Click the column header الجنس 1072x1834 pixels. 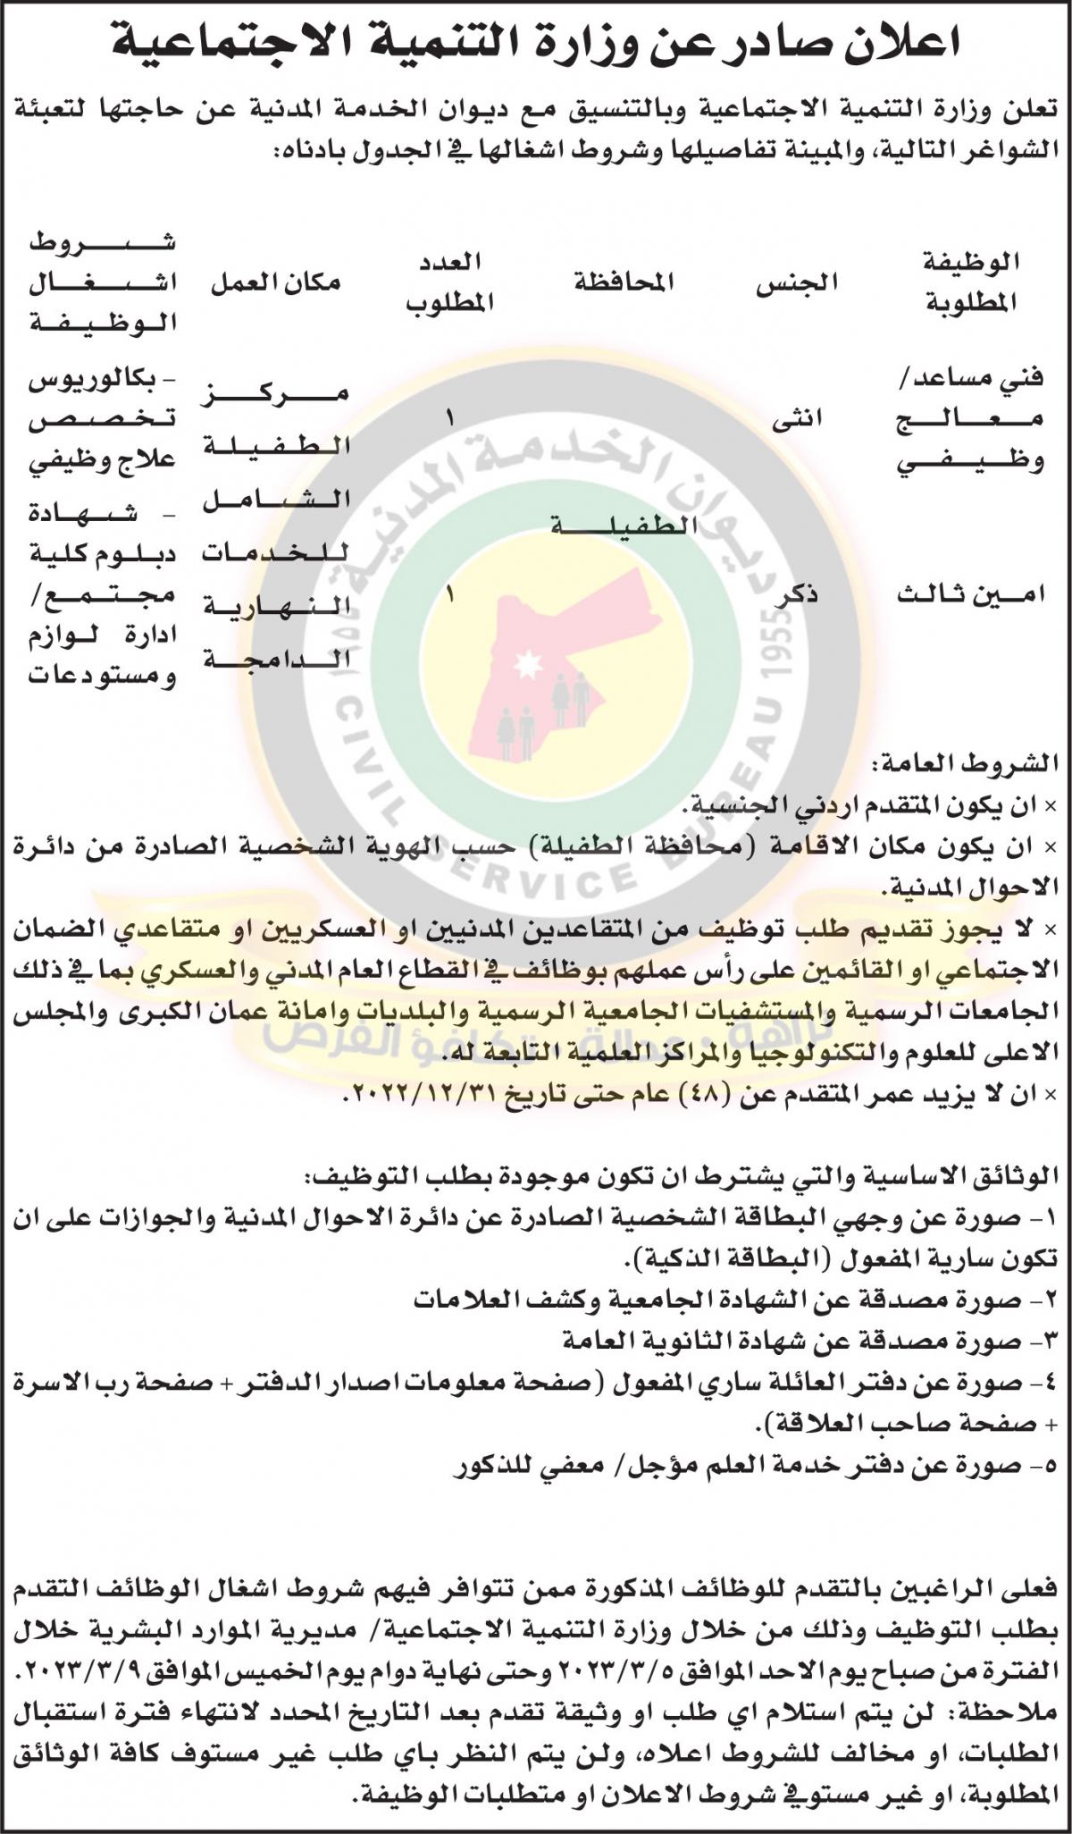tap(797, 282)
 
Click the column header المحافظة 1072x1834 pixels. tap(624, 282)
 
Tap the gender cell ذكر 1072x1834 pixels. tap(797, 596)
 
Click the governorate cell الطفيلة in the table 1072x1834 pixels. tap(624, 525)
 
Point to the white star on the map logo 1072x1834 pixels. tap(527, 663)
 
